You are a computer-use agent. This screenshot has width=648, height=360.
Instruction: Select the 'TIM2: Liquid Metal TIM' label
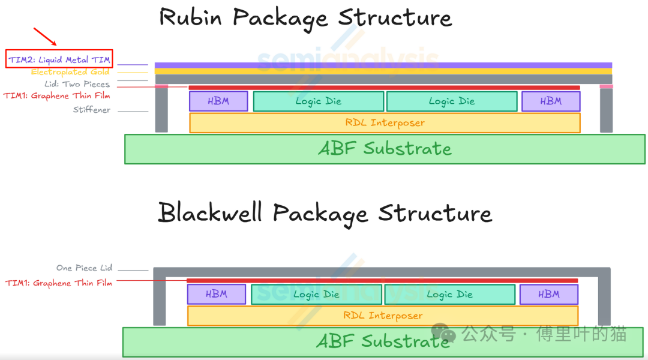click(x=59, y=59)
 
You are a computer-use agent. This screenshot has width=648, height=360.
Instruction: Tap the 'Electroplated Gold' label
click(x=70, y=72)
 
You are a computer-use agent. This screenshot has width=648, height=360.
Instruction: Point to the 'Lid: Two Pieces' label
click(x=77, y=85)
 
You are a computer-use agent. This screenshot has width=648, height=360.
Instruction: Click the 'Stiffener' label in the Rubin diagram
click(x=92, y=110)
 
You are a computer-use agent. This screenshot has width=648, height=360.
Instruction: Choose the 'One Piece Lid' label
click(x=84, y=268)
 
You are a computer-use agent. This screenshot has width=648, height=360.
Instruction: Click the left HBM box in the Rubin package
click(x=218, y=101)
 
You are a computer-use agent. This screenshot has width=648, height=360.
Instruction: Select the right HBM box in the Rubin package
click(x=550, y=101)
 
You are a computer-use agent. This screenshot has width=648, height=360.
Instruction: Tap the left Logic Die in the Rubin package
click(x=318, y=101)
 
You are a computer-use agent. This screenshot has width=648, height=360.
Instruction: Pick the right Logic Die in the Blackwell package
click(x=449, y=295)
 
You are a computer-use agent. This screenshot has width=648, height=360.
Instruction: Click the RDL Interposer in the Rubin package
click(x=385, y=123)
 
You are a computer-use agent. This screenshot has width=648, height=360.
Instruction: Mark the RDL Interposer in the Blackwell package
click(x=383, y=316)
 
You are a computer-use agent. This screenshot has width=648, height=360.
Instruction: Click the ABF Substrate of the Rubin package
click(x=385, y=149)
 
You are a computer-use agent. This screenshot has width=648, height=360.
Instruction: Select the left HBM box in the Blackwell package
click(x=217, y=295)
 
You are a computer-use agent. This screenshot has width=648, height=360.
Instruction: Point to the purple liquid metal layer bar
click(x=383, y=65)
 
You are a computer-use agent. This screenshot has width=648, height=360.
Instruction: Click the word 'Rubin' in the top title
click(x=191, y=18)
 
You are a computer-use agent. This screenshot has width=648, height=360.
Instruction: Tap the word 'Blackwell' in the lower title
click(x=210, y=214)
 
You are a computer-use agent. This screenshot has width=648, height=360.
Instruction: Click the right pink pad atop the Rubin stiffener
click(x=607, y=86)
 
